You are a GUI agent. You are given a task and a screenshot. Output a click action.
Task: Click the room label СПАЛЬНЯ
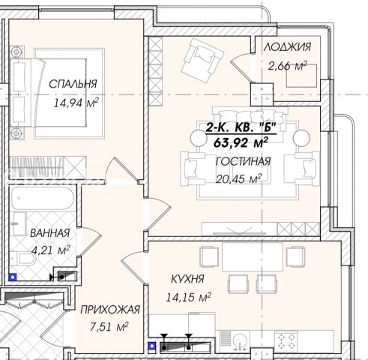click(73, 84)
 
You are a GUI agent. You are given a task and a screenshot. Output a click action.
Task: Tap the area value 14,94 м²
click(76, 103)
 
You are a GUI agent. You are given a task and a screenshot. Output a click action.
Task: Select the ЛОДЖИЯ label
click(287, 47)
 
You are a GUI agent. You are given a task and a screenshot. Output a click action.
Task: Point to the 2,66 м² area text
click(287, 66)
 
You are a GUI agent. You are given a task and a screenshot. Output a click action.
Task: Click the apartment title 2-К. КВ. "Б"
click(241, 127)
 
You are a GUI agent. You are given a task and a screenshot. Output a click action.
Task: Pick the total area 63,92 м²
click(241, 142)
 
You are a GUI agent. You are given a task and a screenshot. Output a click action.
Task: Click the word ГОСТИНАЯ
click(243, 161)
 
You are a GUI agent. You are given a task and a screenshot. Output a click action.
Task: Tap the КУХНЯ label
click(187, 279)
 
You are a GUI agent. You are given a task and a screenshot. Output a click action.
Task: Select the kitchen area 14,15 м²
click(189, 297)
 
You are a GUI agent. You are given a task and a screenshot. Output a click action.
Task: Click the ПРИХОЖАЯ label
click(110, 310)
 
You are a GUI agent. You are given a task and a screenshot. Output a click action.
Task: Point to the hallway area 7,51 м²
click(109, 327)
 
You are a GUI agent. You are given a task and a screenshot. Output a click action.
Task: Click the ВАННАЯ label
click(49, 233)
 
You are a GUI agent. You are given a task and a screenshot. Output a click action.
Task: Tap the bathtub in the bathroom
click(43, 199)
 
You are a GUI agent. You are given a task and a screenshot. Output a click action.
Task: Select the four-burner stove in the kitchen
click(286, 341)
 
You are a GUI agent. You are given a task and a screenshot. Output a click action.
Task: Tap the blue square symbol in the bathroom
click(13, 277)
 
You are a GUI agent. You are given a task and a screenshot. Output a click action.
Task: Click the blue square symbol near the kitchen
click(152, 346)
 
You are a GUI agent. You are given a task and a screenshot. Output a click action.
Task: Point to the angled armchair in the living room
click(202, 60)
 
